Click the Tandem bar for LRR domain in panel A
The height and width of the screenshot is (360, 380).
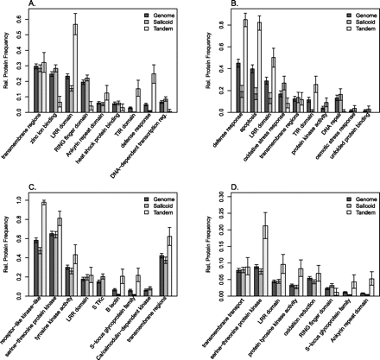tap(99, 68)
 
